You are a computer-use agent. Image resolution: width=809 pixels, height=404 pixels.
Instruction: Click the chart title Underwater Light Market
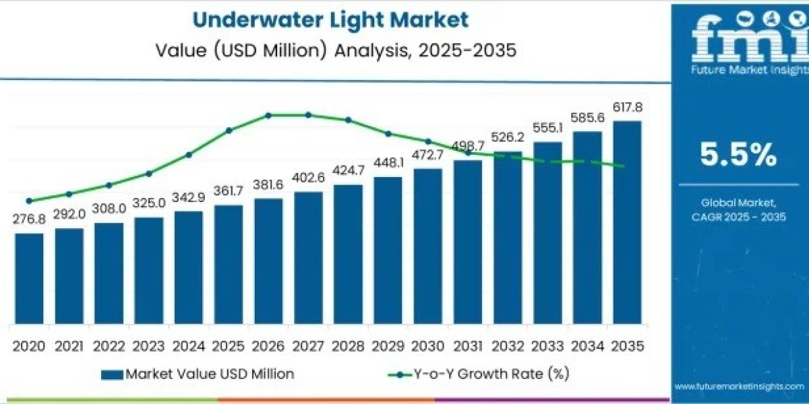[330, 20]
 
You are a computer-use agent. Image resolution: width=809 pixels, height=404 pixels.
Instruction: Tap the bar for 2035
[627, 222]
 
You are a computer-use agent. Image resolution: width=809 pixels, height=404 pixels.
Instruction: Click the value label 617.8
[627, 108]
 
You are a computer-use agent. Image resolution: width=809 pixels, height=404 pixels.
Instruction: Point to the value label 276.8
[29, 220]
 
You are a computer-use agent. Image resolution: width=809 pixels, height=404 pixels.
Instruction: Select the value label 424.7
[348, 171]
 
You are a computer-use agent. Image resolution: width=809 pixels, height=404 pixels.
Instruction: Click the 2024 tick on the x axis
[188, 346]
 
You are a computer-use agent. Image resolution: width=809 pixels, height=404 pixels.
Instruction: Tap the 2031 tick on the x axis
[467, 346]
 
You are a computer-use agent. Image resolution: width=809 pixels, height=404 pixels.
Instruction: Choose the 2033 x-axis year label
[547, 346]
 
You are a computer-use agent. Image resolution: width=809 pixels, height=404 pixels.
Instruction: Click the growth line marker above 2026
[268, 115]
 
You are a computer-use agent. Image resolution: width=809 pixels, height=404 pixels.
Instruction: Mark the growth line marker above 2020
[29, 201]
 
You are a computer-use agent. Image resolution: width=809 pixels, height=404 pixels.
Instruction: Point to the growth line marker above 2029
[388, 133]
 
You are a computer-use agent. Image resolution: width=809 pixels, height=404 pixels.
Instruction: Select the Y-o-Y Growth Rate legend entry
[479, 374]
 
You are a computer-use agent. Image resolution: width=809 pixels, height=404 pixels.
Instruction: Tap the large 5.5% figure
[738, 156]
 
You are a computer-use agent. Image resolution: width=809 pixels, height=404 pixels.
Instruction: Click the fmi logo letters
[738, 37]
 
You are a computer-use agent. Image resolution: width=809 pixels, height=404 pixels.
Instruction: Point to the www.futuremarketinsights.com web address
[738, 386]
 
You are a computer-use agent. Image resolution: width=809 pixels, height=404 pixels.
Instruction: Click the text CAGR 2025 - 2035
[738, 216]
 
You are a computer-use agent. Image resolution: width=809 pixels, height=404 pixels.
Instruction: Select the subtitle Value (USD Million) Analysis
[330, 50]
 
